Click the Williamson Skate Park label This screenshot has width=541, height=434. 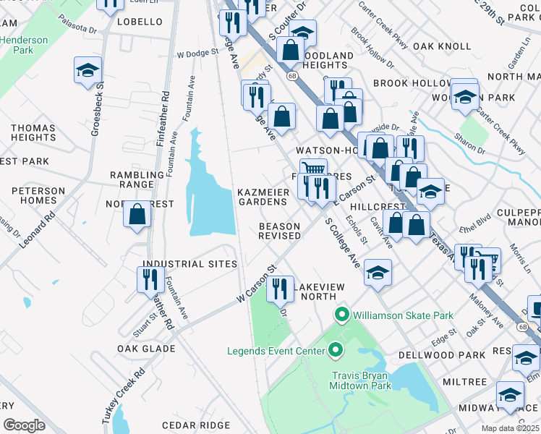coord(403,315)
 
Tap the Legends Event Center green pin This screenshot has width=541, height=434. coord(336,352)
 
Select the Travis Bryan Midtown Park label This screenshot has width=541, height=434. coord(362,380)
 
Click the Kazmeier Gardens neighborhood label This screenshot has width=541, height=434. coord(263,197)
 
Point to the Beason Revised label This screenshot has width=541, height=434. coord(280,231)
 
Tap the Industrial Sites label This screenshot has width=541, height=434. coord(190,265)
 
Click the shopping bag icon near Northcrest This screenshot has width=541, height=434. coord(137,214)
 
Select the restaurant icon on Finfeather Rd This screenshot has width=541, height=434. coord(150,279)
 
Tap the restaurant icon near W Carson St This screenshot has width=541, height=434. coord(280,289)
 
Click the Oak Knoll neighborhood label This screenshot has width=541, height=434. coord(442,46)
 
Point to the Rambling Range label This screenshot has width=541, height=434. coord(137,180)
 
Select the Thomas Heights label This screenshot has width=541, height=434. coord(33,132)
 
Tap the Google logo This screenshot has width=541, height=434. coord(24,425)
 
